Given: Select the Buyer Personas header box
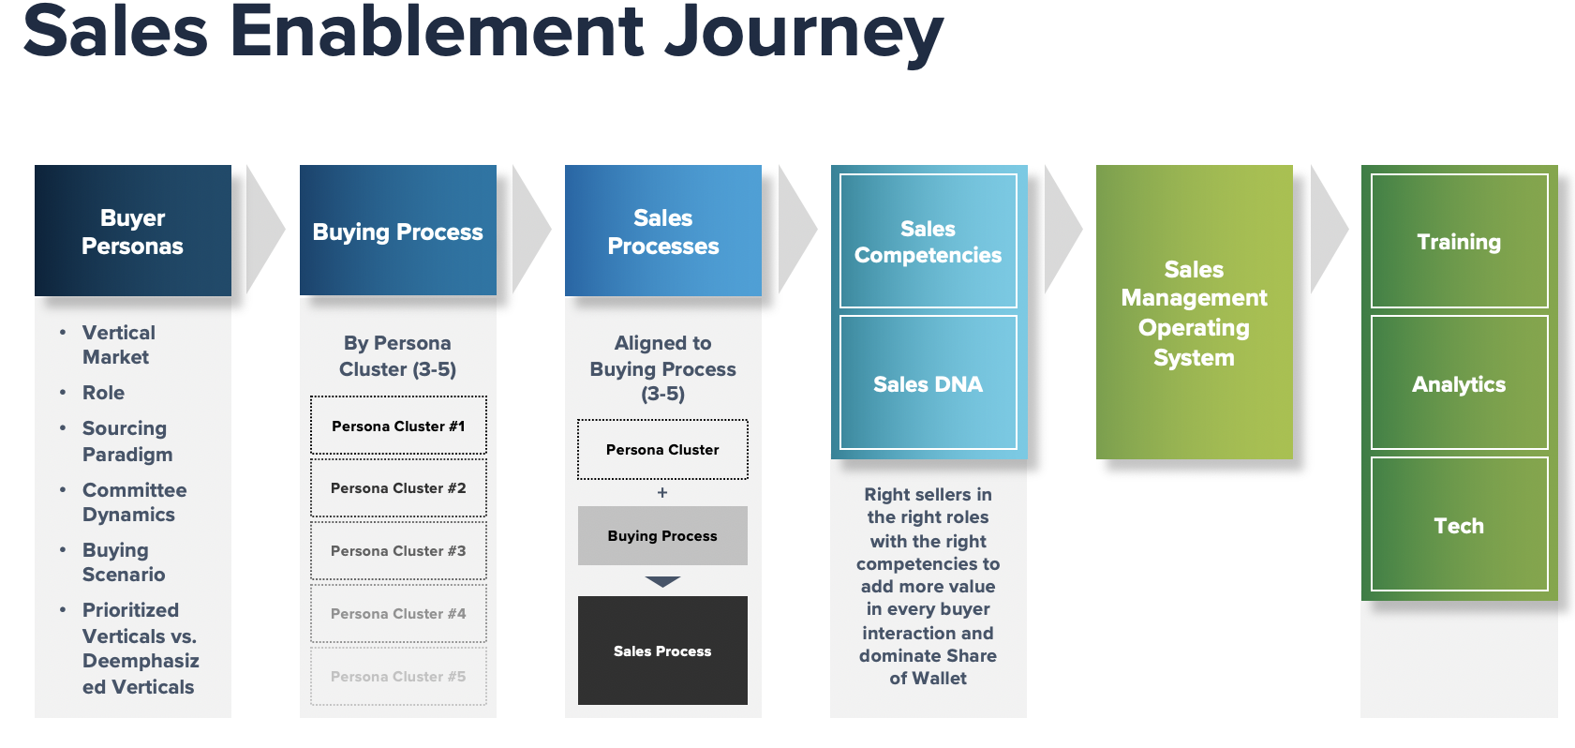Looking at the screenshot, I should [x=133, y=232].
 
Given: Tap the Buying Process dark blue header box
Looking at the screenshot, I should [x=398, y=232].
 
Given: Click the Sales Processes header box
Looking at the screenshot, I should [x=663, y=232].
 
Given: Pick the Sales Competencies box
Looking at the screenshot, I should [x=928, y=242].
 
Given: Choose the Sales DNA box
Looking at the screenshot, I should [x=928, y=383].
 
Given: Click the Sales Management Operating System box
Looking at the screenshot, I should [x=1194, y=313].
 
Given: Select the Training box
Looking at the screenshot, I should [x=1459, y=242].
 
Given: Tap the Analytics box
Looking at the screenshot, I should [x=1459, y=383].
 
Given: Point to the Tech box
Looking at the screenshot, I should [x=1459, y=525].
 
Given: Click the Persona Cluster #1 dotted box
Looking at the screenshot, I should [x=398, y=426].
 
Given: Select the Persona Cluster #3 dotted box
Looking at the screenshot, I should [x=398, y=551].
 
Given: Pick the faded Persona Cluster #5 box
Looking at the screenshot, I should [x=398, y=677].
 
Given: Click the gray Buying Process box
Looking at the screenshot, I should [x=662, y=536].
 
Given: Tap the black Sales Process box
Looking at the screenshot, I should [x=662, y=651].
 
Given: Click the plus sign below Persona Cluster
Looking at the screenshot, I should [x=662, y=492].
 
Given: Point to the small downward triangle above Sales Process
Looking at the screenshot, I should [x=662, y=581].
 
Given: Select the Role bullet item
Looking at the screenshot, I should [x=103, y=393].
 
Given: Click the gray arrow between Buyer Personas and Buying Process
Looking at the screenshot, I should [x=263, y=230].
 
